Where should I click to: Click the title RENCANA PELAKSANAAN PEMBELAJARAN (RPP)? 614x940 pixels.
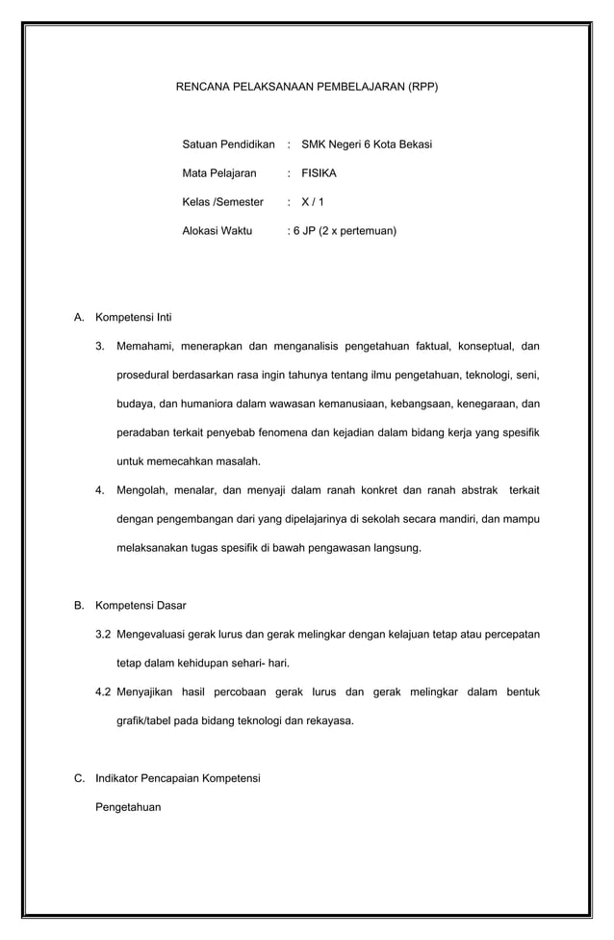pos(306,87)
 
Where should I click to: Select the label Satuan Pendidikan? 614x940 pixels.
pos(228,144)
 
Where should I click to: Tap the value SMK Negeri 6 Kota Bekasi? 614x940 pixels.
pos(367,144)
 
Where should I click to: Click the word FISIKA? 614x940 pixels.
pos(320,173)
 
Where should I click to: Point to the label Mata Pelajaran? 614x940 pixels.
pos(219,173)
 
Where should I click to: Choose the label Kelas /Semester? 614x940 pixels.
pos(222,202)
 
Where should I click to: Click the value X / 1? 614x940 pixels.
pos(313,202)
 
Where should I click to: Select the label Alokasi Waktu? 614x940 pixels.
pos(217,231)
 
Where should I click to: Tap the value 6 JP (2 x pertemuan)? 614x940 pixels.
pos(345,231)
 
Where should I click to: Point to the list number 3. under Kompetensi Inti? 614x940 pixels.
pos(100,346)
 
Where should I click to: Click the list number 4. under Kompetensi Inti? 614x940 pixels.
pos(100,490)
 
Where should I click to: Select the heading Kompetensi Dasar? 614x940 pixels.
pos(141,606)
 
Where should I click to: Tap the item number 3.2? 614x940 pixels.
pos(103,635)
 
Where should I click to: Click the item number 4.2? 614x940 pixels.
pos(103,692)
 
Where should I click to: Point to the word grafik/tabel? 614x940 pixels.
pos(148,720)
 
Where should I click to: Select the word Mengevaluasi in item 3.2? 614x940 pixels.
pos(156,635)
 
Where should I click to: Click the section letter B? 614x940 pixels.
pos(79,606)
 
